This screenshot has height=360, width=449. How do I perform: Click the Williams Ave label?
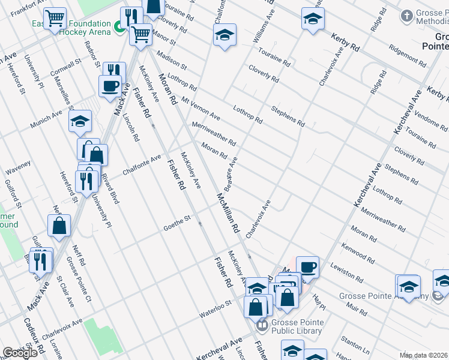(264, 32)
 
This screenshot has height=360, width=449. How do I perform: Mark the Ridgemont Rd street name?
(406, 55)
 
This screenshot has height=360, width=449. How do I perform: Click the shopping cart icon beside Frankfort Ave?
(56, 19)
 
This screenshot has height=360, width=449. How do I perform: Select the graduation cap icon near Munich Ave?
(80, 122)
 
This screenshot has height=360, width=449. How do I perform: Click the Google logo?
(20, 352)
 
